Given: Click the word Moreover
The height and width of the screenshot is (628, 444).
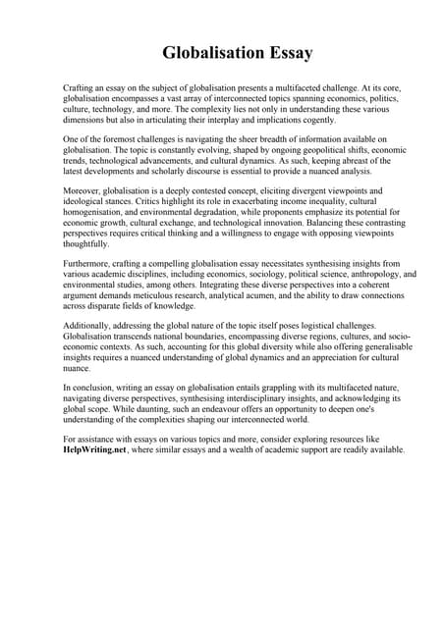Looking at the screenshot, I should [83, 190].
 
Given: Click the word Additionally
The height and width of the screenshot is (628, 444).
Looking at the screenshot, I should [88, 323].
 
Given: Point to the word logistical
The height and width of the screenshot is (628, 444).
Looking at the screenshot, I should [316, 323].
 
